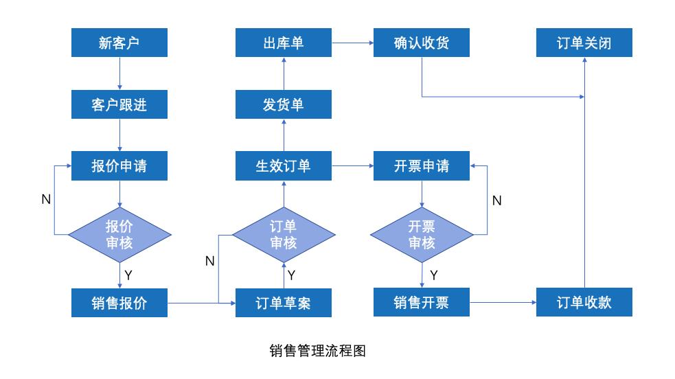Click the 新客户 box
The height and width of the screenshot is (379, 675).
(x=119, y=43)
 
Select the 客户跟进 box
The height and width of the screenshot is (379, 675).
(x=119, y=104)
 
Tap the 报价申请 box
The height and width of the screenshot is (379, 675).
(x=119, y=166)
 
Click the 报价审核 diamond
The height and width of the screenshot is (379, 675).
(x=119, y=234)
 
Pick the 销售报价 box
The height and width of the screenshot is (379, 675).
(x=119, y=302)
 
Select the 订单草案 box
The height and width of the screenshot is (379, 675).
(x=283, y=302)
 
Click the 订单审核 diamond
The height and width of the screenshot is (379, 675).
(x=283, y=234)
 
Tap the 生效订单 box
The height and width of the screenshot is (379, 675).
(x=283, y=166)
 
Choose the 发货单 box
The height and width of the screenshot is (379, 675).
(x=283, y=104)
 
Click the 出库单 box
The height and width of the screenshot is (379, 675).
(x=283, y=43)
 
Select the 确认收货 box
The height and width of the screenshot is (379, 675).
(x=421, y=43)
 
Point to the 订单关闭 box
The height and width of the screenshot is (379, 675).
(x=584, y=43)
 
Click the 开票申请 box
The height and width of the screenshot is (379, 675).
(x=421, y=166)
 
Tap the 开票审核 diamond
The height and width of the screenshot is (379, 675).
(x=421, y=234)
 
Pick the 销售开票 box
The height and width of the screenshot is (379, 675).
(x=421, y=302)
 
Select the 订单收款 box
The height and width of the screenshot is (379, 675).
(x=584, y=302)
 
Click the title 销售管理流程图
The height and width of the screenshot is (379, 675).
(x=317, y=351)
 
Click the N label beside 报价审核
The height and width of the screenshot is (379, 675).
(x=46, y=199)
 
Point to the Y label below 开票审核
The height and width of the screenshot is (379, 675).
(x=433, y=275)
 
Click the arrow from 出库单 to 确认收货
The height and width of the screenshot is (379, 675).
(x=352, y=43)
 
